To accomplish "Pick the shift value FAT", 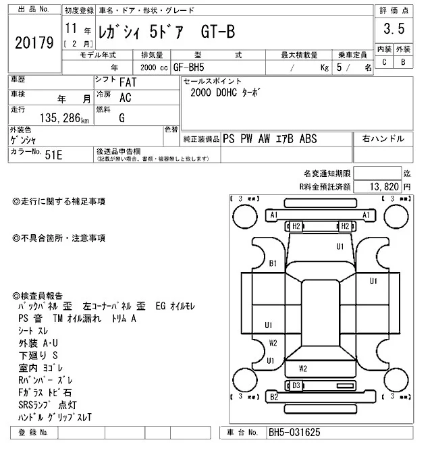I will pos(126,82).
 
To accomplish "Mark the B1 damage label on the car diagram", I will pos(273,263).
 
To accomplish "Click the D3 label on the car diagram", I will pos(296,385).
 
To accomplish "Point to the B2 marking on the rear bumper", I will pos(274,397).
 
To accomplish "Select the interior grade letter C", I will pos(384,62).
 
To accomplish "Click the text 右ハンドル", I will pos(383,139).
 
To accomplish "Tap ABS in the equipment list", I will pos(327,139).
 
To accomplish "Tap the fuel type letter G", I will pos(122,117).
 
